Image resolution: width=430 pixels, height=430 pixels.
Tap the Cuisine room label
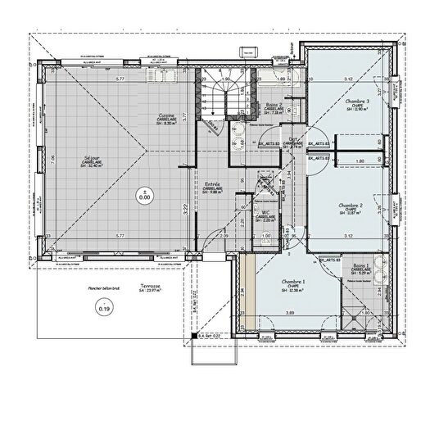point(168,114)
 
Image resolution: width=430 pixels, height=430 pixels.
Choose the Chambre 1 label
point(292,282)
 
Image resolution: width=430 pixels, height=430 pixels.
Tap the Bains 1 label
point(360,267)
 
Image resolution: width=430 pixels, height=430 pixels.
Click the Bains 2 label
point(271,105)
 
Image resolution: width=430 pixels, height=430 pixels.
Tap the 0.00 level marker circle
point(144,196)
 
